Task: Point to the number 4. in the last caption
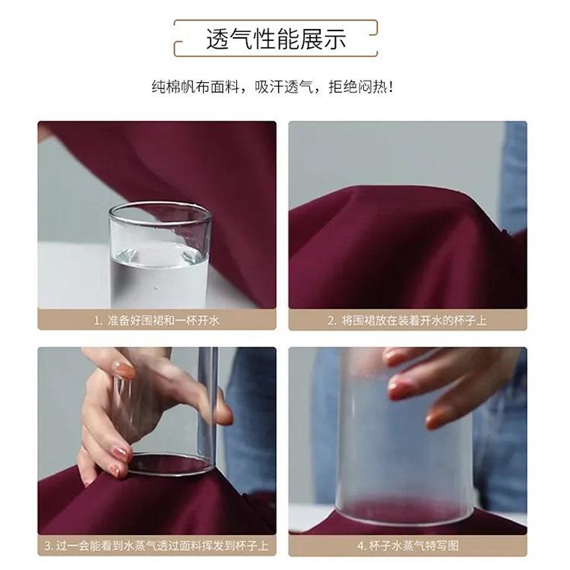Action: tap(362, 546)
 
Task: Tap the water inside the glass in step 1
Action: tap(160, 277)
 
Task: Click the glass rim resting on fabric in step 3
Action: tap(171, 465)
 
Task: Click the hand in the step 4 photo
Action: tap(441, 380)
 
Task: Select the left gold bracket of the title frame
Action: tap(179, 39)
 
